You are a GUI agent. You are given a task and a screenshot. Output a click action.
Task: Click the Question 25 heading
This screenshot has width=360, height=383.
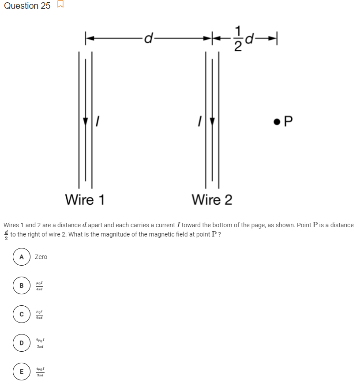point(27,6)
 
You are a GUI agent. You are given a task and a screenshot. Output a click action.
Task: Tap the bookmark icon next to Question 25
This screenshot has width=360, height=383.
point(61,5)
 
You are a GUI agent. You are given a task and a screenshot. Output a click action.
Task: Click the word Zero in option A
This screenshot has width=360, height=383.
point(41,257)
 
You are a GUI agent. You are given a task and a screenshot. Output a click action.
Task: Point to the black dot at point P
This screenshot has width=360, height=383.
point(276,120)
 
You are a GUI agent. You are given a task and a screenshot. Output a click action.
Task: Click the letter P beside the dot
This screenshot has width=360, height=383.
point(289,120)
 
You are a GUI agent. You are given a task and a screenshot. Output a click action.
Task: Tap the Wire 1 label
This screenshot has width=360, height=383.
point(85,200)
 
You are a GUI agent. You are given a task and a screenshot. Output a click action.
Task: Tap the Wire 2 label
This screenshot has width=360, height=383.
point(212,200)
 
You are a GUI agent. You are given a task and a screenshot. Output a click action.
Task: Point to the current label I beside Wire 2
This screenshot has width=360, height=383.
point(200,120)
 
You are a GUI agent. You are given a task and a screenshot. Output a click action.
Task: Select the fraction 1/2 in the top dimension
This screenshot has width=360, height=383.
point(238,40)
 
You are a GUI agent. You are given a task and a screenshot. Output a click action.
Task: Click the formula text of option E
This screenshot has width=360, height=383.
point(40,372)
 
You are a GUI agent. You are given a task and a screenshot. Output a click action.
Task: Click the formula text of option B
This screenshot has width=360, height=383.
point(39,285)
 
